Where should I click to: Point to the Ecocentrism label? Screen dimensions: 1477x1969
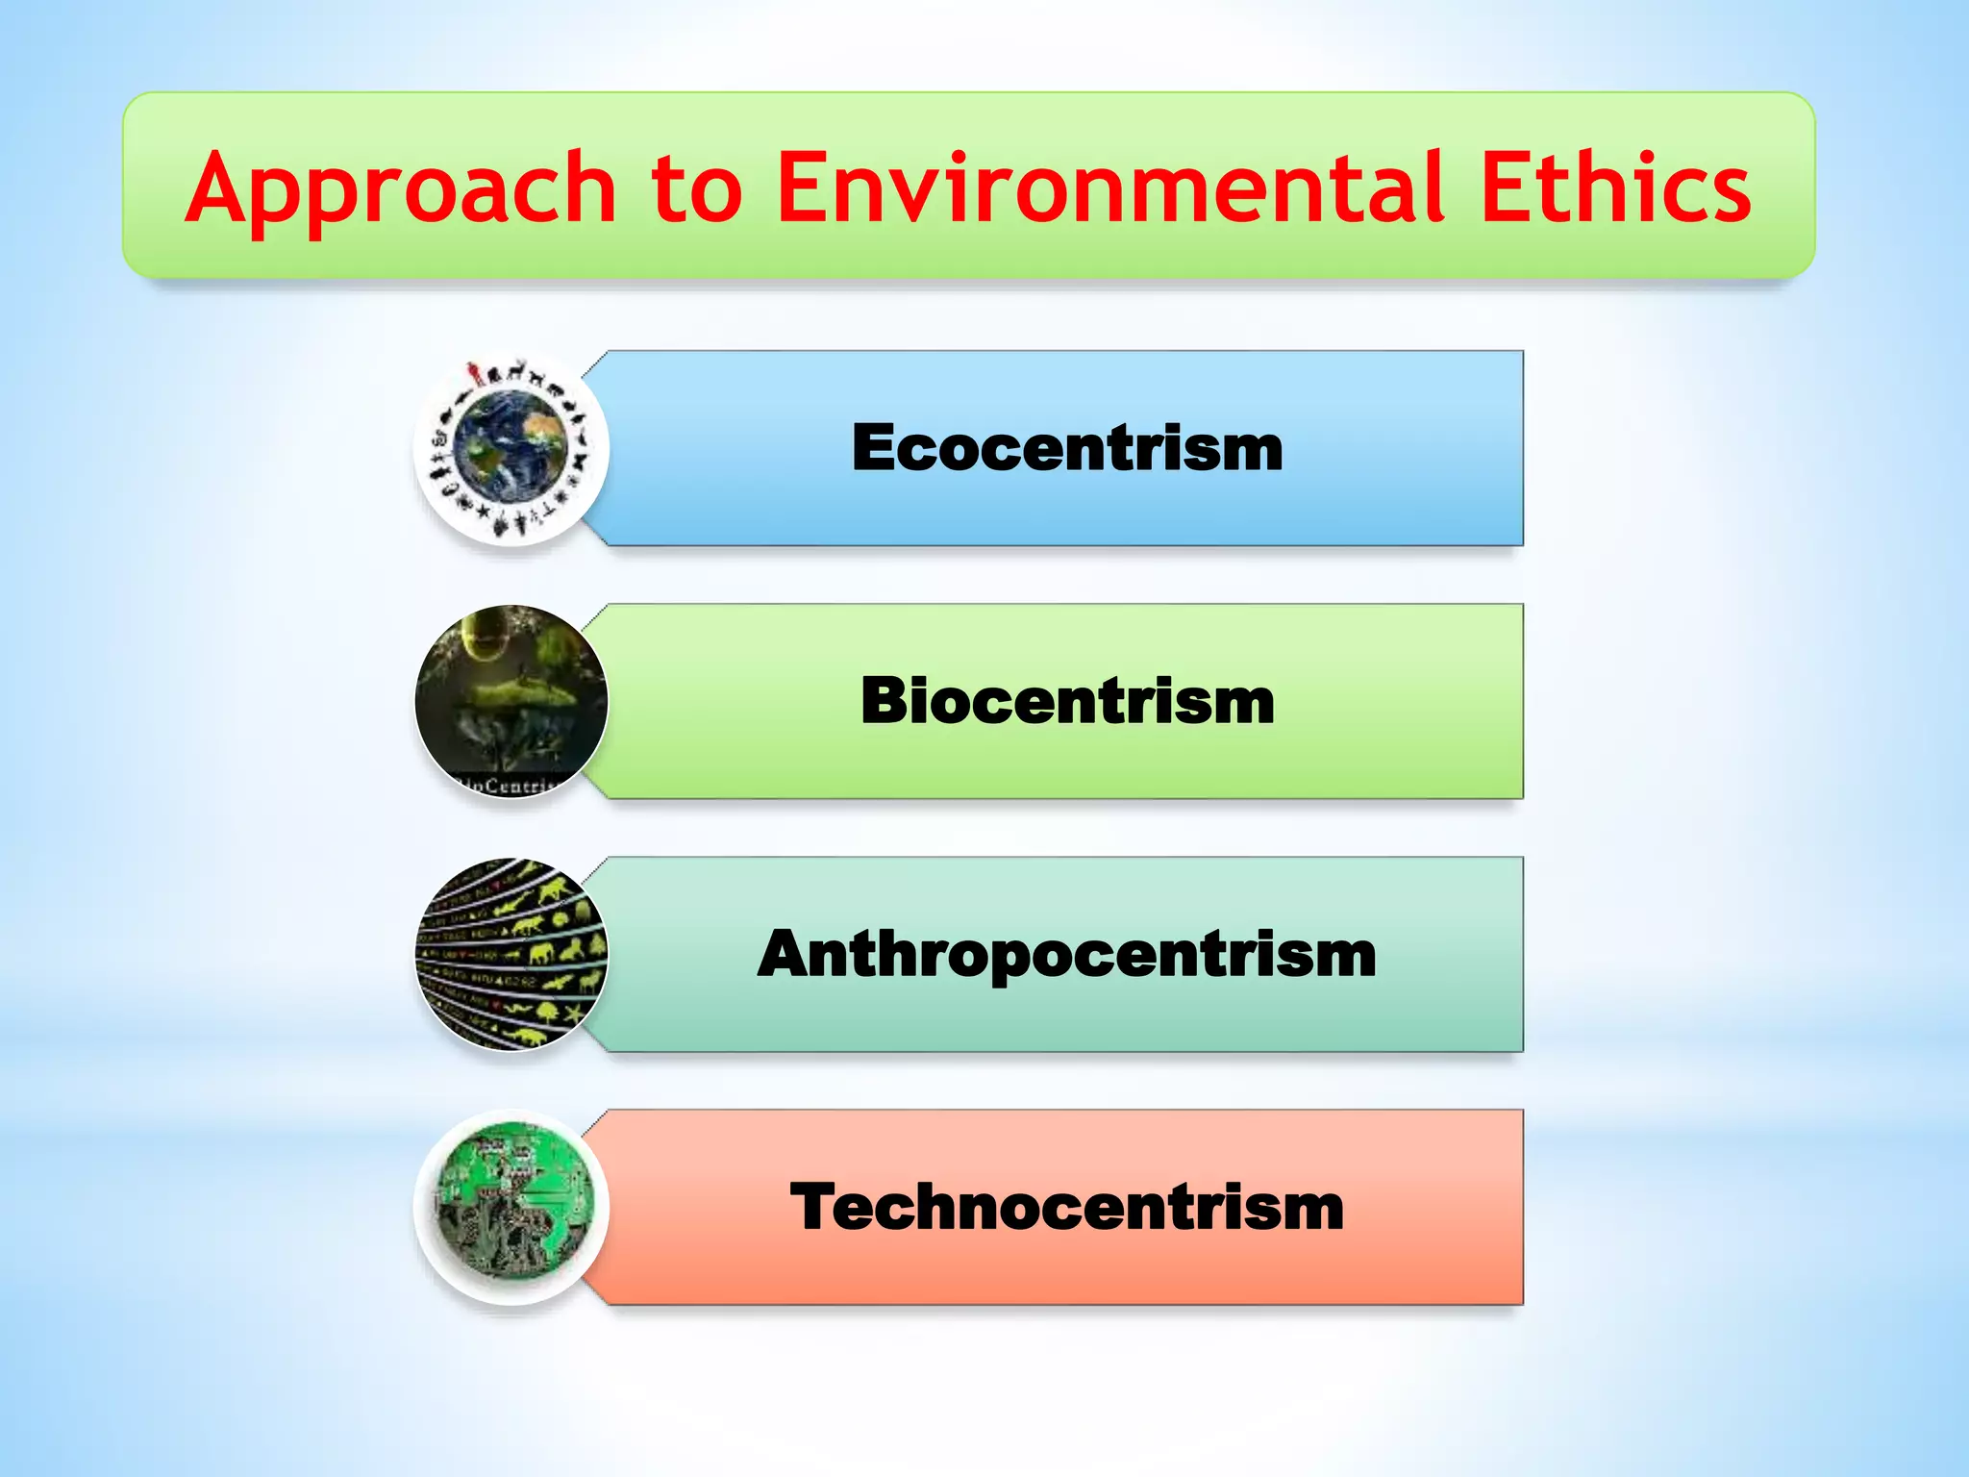(1067, 448)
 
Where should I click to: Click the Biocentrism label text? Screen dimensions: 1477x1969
(1067, 701)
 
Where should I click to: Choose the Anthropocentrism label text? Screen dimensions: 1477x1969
(1067, 955)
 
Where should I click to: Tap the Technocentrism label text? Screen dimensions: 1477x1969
(1067, 1208)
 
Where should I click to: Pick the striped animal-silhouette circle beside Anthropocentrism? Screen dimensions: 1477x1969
(511, 954)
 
